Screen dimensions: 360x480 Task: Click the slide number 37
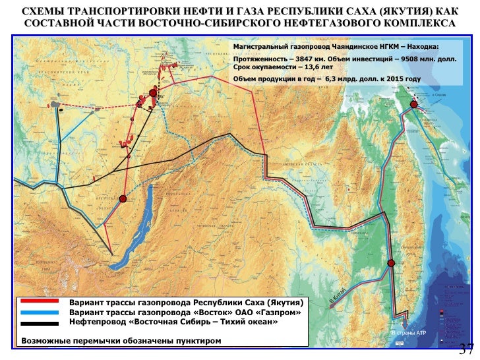click(466, 349)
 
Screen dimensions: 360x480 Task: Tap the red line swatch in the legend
click(41, 302)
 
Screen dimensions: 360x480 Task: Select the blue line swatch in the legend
click(41, 312)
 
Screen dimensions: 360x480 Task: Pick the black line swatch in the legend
click(41, 322)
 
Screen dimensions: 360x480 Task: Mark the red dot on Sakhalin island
click(413, 104)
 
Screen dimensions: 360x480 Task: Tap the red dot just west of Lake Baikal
click(123, 198)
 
